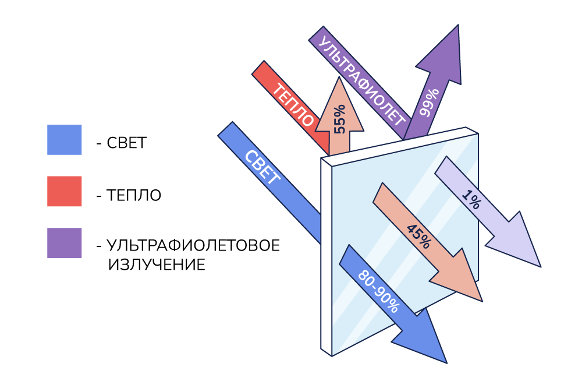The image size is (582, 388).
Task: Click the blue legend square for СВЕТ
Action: pyautogui.click(x=64, y=140)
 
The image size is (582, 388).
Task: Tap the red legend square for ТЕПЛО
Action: pyautogui.click(x=64, y=191)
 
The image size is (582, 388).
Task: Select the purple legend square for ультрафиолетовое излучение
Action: pyautogui.click(x=64, y=242)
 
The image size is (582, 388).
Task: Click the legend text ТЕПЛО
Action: pyautogui.click(x=134, y=195)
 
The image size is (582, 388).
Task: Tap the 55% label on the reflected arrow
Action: pyautogui.click(x=339, y=119)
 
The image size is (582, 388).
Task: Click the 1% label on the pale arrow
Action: pyautogui.click(x=471, y=201)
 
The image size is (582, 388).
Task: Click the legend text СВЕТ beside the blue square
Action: pyautogui.click(x=126, y=143)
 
